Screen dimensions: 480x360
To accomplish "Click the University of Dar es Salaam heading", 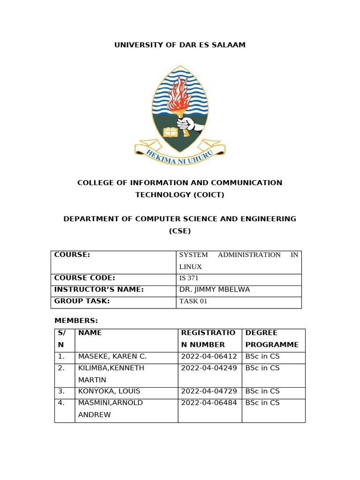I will coord(180,45).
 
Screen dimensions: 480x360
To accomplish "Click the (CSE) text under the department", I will coord(180,231).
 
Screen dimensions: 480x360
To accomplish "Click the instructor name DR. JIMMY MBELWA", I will coord(215,290).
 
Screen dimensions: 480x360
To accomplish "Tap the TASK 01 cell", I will coord(193,301).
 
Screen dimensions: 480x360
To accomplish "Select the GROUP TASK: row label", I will coord(82,301).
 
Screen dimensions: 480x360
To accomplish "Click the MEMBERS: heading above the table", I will coord(76,321).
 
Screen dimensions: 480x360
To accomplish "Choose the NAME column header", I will coord(90,333).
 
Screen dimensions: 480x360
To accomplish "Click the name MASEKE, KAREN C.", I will coord(112,356).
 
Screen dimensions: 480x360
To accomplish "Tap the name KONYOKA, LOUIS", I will coord(109,391).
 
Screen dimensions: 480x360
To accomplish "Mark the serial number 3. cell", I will coord(61,391).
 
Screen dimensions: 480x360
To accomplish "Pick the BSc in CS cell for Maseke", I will coord(262,356).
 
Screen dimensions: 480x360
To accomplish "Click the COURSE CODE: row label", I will coord(85,278).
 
